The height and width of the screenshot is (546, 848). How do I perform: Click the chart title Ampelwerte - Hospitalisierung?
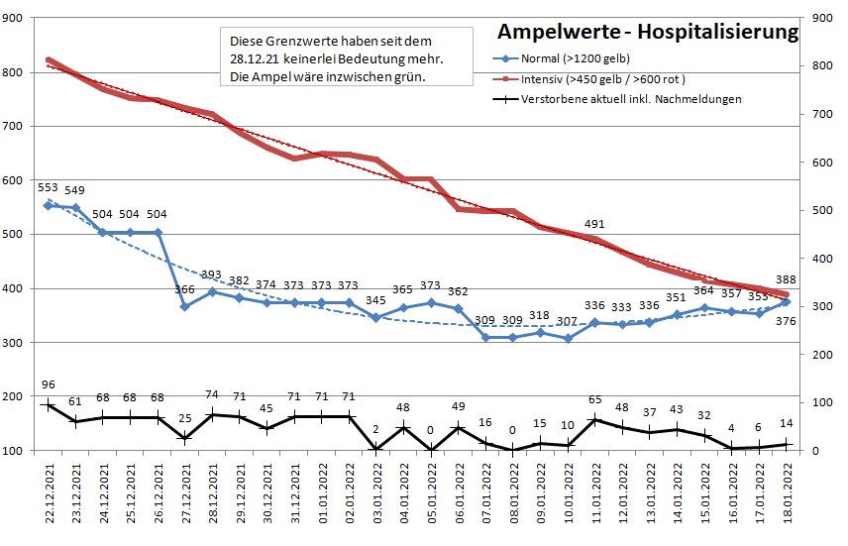(x=648, y=32)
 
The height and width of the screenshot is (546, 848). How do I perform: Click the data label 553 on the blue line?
(x=48, y=187)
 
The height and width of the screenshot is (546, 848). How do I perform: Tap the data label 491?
(x=594, y=224)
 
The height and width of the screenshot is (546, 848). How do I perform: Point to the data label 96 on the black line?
(x=48, y=384)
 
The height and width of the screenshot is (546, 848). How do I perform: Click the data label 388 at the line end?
(x=786, y=278)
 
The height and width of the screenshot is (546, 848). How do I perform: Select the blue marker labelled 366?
(x=184, y=307)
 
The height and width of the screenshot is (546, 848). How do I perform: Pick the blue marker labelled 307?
(x=568, y=338)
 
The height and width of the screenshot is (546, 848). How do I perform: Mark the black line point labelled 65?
(x=594, y=419)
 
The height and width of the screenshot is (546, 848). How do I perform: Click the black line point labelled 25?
(x=184, y=438)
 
